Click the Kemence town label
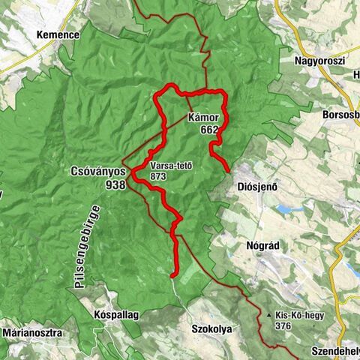coord(58,34)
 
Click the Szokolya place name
coord(212,328)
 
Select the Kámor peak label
coord(204,118)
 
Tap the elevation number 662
coord(210,130)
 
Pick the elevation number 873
coord(158,176)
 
